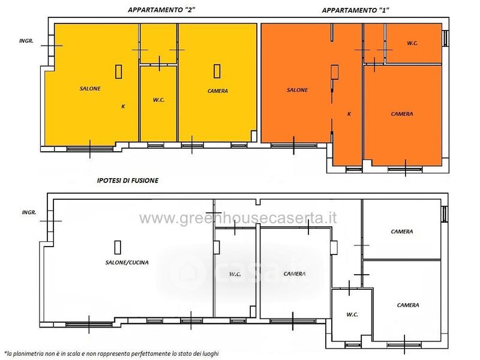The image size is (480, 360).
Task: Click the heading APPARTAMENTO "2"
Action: [x=161, y=10]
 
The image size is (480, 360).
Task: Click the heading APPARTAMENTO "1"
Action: [x=355, y=10]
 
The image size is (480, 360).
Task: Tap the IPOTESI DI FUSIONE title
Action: [x=128, y=181]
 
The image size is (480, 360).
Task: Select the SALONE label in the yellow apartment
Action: [x=90, y=89]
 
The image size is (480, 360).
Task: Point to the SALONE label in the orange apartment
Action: [x=297, y=90]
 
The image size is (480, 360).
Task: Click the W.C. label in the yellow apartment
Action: [x=159, y=100]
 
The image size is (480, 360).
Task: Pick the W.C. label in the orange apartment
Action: [x=412, y=43]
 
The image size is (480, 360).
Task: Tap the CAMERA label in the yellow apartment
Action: [x=218, y=91]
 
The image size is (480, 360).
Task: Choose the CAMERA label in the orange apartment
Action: [x=402, y=114]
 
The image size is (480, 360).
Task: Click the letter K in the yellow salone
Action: [x=123, y=107]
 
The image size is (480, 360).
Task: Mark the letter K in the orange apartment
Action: [x=349, y=114]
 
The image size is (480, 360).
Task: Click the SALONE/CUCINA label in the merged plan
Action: [x=127, y=262]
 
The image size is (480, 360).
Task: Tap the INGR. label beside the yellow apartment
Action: [x=26, y=41]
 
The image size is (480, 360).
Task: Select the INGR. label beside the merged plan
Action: [x=29, y=212]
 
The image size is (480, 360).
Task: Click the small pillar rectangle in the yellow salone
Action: [x=118, y=71]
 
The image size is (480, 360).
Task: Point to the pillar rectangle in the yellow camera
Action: [x=217, y=71]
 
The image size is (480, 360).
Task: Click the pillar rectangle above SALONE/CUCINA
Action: [x=118, y=247]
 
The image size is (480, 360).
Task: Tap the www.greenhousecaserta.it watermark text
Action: [x=238, y=218]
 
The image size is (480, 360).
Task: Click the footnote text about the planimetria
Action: [x=112, y=354]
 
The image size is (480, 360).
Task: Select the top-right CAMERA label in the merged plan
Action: [x=402, y=232]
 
